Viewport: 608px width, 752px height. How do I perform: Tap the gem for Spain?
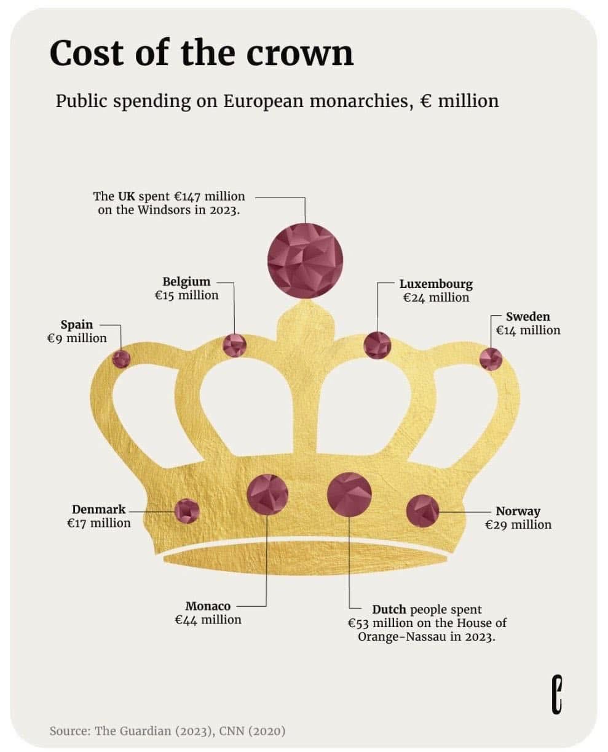[121, 359]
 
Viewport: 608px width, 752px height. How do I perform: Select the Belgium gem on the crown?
[234, 345]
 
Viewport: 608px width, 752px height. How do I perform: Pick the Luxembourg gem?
[377, 345]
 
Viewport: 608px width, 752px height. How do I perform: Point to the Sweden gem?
[491, 359]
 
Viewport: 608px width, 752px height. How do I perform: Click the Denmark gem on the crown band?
[187, 511]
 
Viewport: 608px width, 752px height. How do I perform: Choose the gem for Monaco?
[267, 494]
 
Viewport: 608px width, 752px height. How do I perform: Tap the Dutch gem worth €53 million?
[349, 494]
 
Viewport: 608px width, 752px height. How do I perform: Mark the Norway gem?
[423, 511]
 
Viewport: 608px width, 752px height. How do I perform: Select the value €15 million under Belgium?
[186, 295]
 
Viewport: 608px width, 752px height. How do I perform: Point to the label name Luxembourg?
[436, 284]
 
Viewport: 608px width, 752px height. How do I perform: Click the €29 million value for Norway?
[518, 525]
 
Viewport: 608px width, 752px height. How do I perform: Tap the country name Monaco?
[208, 606]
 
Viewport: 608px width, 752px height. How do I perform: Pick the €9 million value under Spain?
[76, 338]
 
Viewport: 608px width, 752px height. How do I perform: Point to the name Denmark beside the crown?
[98, 510]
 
